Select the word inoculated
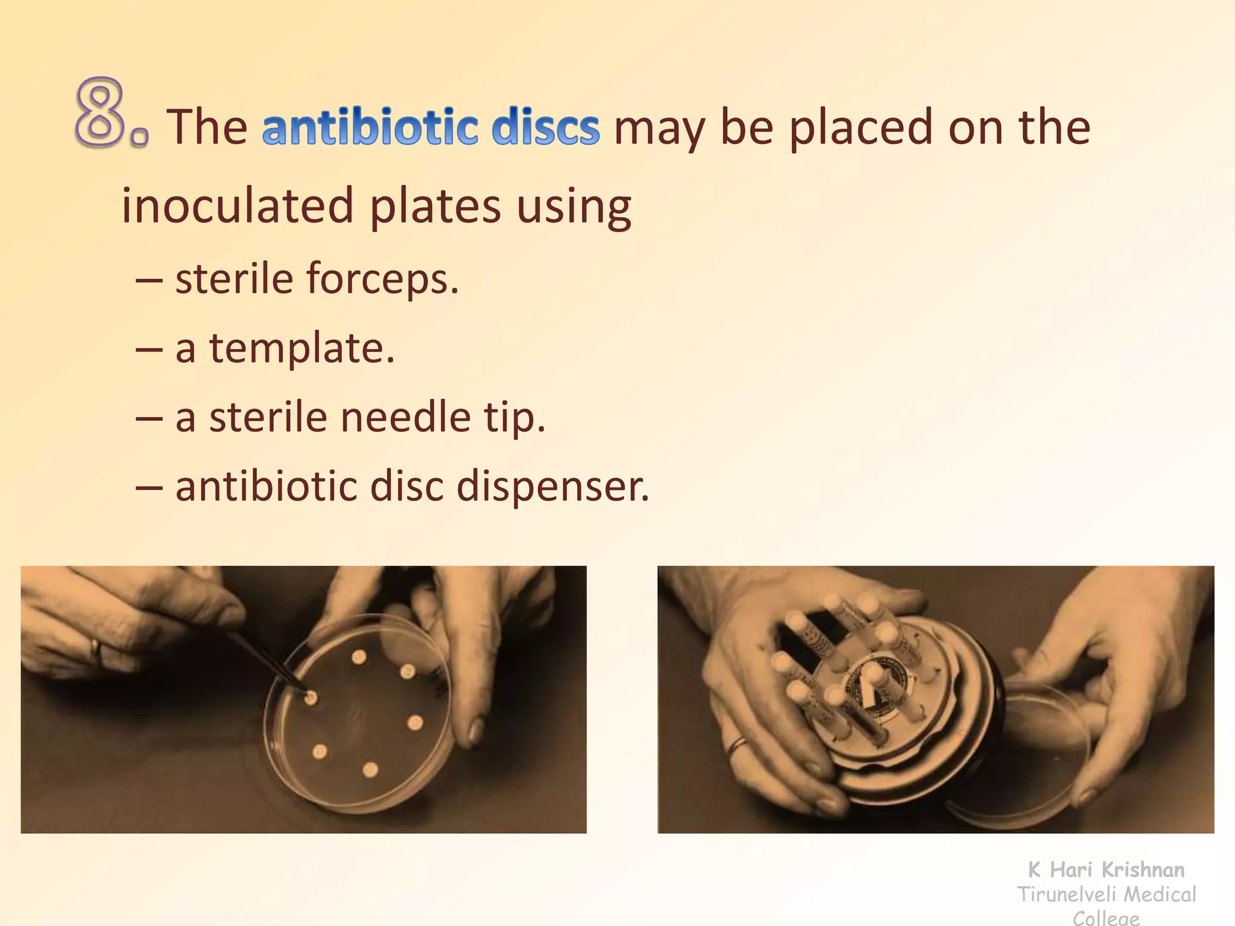(237, 206)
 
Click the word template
(302, 349)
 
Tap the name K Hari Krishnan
(1106, 870)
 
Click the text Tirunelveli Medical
(1107, 895)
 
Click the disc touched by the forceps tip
(311, 698)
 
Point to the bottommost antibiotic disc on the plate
(370, 770)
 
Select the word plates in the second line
(435, 206)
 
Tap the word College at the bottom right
(1107, 918)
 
